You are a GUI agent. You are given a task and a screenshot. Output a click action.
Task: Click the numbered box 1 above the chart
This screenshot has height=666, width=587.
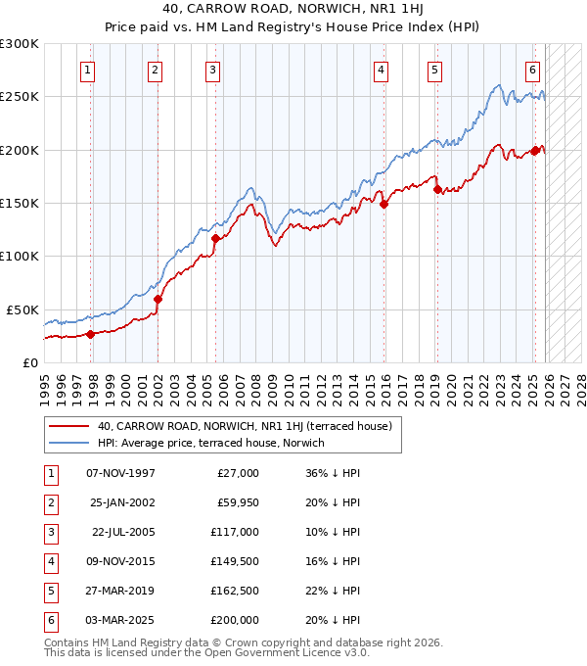tap(88, 70)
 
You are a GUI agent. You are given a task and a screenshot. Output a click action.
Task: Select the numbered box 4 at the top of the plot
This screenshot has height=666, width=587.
tap(380, 70)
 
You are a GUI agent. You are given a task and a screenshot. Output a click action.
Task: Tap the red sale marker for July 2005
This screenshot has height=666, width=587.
tap(215, 237)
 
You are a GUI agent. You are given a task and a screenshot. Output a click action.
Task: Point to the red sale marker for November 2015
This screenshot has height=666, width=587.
tap(384, 204)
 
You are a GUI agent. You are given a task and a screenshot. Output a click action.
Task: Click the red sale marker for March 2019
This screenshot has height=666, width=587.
tap(437, 190)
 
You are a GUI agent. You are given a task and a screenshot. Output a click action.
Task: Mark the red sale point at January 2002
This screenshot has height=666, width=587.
tap(158, 299)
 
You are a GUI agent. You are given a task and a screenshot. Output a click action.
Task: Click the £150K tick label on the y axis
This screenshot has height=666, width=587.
tap(20, 203)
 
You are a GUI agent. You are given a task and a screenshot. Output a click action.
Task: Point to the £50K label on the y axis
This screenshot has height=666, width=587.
tap(23, 309)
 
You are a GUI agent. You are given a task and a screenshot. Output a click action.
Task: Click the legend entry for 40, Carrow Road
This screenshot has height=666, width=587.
tap(244, 426)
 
